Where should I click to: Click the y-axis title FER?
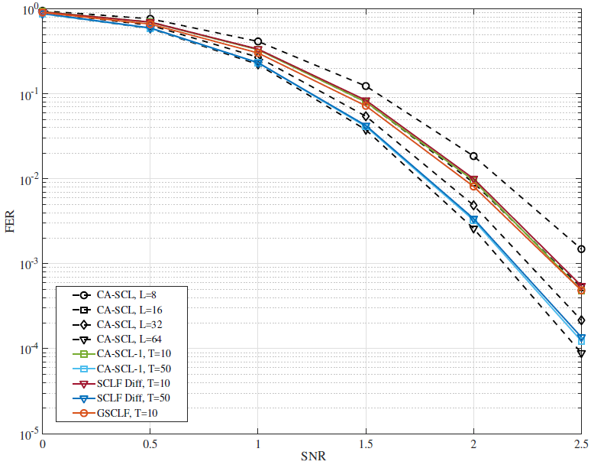(11, 222)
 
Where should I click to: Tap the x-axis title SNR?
(312, 457)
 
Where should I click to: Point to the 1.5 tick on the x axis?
(366, 444)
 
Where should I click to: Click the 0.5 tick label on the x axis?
(150, 444)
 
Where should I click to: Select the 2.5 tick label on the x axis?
(581, 444)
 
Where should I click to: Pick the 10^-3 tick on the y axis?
(29, 265)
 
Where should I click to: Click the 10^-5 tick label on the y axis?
(29, 434)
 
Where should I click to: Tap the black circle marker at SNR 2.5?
(581, 249)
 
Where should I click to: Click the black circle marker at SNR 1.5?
(366, 86)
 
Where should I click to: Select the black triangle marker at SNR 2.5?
(581, 353)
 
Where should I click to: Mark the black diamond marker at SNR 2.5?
(581, 320)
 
